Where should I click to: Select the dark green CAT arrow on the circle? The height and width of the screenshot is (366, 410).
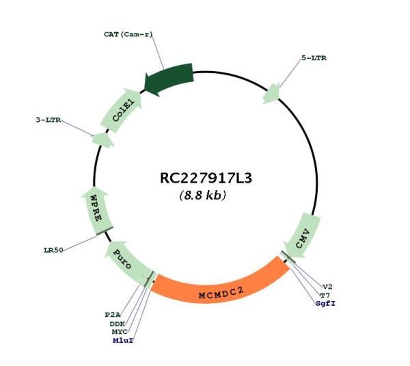click(170, 79)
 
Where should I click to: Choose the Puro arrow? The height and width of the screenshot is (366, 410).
click(127, 263)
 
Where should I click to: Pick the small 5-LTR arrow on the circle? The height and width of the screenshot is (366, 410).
click(271, 94)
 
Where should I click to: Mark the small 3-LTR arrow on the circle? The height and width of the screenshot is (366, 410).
click(102, 140)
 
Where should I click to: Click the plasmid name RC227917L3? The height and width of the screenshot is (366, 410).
click(206, 179)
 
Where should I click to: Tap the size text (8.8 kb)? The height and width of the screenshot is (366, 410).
click(203, 195)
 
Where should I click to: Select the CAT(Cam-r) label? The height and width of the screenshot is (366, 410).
click(128, 34)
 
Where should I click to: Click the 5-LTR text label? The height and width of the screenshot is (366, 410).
click(314, 58)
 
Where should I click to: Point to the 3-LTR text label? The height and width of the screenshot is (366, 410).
click(49, 120)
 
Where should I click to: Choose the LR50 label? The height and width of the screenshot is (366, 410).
click(53, 250)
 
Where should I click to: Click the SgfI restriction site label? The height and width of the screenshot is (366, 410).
click(325, 304)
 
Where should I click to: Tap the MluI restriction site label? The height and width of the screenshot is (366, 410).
click(123, 341)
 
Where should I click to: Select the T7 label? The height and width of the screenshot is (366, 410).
click(325, 296)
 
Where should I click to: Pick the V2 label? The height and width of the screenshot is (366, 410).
click(327, 287)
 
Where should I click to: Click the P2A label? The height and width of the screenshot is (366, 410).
click(113, 315)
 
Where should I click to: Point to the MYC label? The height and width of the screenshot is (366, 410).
click(120, 332)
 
